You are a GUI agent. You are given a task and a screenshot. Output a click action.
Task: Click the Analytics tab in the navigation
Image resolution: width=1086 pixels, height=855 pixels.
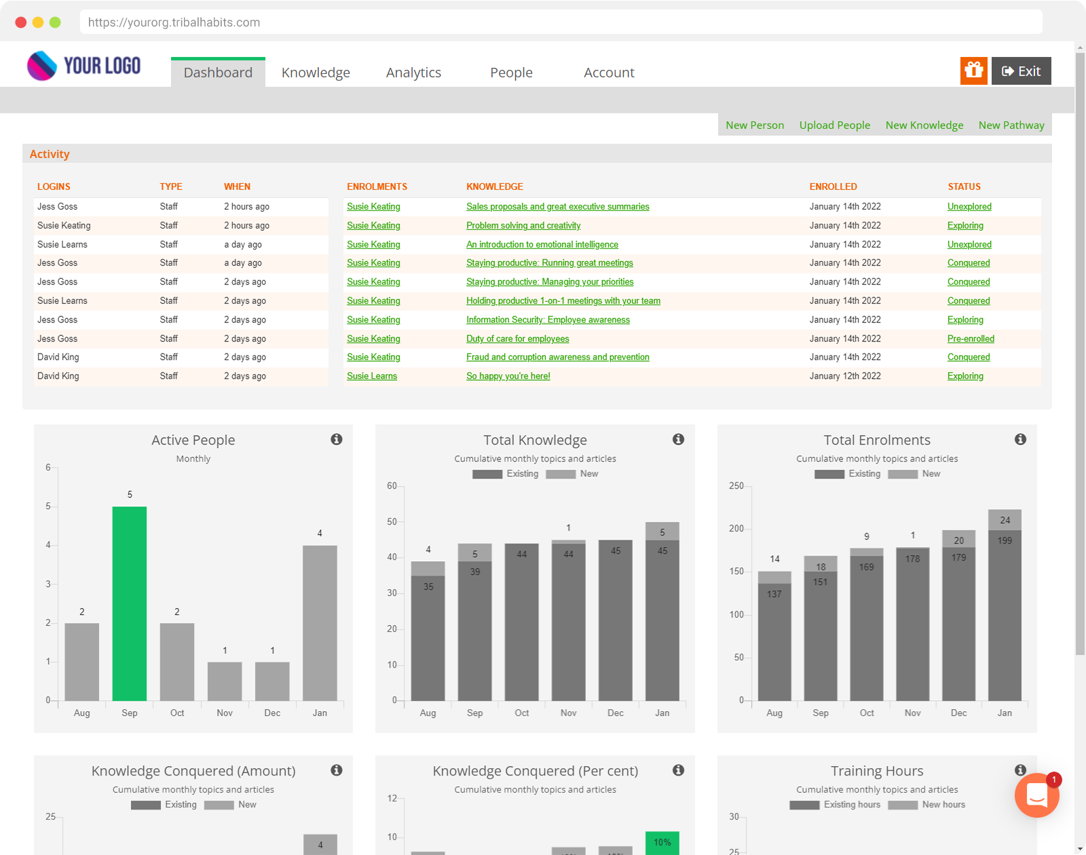coord(413,73)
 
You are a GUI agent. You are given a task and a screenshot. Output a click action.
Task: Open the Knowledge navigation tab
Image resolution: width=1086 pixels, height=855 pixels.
coord(316,73)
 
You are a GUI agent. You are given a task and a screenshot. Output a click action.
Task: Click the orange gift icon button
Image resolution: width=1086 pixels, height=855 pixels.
coord(973,71)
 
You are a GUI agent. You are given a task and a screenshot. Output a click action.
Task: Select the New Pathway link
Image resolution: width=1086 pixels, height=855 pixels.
coord(1011,125)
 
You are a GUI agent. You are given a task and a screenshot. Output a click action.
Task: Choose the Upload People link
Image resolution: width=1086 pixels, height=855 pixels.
coord(834,125)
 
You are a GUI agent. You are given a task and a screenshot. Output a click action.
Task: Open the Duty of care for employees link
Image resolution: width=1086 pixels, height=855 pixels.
coord(517,339)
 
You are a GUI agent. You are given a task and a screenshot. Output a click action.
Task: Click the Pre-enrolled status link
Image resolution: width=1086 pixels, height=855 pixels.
coord(971,339)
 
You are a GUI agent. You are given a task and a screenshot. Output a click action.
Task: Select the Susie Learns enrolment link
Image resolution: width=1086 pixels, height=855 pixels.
coord(372,376)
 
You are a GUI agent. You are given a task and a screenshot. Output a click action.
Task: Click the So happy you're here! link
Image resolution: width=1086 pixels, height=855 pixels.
coord(508,376)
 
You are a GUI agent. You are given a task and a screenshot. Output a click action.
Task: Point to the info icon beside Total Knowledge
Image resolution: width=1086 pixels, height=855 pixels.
coord(678,440)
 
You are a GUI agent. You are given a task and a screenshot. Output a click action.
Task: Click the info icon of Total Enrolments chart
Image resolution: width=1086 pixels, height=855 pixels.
coord(1020,440)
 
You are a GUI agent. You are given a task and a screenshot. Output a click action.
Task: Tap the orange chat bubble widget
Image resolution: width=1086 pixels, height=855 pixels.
coord(1036,795)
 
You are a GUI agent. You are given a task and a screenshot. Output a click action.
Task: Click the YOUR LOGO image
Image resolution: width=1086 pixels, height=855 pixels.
coord(84,66)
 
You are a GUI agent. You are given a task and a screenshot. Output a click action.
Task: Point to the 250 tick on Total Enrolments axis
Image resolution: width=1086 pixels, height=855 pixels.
coord(736,486)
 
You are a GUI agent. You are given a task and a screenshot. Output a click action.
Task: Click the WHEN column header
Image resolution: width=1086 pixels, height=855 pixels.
coord(237,187)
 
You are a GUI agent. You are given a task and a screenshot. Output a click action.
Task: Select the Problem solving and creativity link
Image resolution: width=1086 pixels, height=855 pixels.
coord(523,225)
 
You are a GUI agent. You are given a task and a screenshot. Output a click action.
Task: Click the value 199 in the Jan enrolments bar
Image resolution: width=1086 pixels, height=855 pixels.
coord(1005,541)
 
